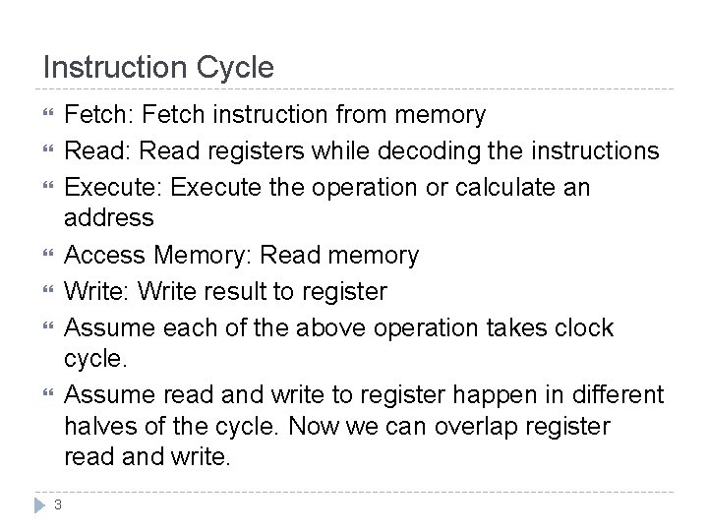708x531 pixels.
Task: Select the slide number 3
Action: (58, 504)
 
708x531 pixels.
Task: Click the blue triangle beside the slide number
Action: (39, 504)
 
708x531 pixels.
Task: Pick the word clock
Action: (586, 327)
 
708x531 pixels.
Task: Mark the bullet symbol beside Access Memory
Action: (46, 256)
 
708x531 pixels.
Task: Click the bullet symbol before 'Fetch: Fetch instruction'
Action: (46, 115)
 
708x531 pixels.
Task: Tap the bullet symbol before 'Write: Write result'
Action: (46, 292)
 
